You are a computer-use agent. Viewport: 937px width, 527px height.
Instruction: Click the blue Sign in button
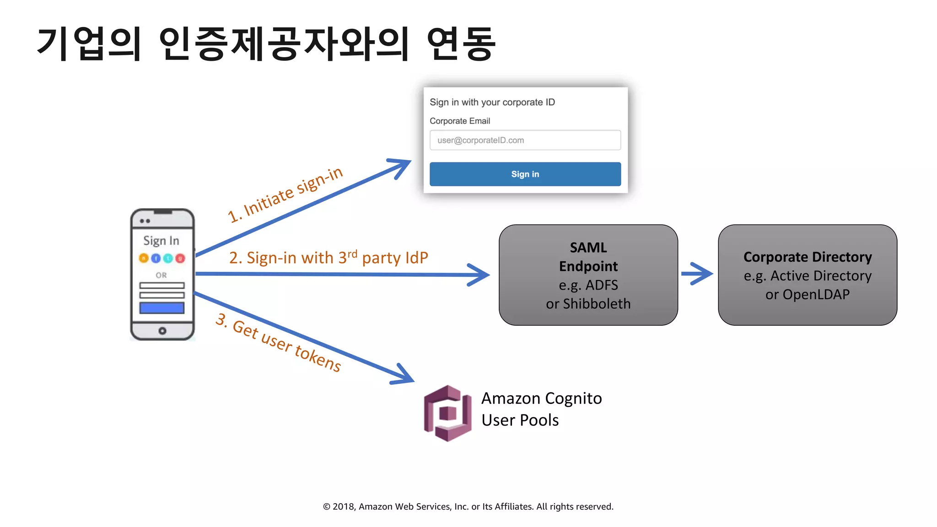click(x=525, y=174)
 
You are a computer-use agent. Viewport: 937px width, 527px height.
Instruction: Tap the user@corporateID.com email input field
click(x=525, y=140)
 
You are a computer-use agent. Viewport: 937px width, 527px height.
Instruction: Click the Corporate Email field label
click(x=459, y=121)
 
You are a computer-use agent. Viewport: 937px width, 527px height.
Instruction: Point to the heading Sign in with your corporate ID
click(x=492, y=102)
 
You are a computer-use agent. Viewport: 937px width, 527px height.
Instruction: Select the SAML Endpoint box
click(x=588, y=275)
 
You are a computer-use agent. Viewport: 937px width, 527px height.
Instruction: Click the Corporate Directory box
click(x=807, y=275)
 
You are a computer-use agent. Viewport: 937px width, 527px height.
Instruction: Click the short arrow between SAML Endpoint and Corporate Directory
click(x=696, y=274)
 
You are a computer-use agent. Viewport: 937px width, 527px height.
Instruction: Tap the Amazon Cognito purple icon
click(x=447, y=413)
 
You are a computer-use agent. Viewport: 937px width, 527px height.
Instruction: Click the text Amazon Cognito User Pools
click(x=541, y=409)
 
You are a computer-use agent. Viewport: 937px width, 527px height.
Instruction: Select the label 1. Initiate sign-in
click(x=285, y=194)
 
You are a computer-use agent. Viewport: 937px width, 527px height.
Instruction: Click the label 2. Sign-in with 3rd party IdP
click(x=328, y=258)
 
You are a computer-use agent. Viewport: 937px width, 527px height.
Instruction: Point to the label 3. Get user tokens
click(x=278, y=343)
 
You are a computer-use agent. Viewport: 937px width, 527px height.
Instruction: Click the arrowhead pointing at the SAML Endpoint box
click(x=480, y=275)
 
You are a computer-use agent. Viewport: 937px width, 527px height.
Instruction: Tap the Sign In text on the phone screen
click(x=161, y=241)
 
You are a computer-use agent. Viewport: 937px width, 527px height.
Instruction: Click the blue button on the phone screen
click(x=162, y=308)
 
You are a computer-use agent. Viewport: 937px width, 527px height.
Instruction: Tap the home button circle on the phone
click(x=162, y=331)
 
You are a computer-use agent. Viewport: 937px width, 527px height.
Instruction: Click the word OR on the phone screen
click(x=161, y=275)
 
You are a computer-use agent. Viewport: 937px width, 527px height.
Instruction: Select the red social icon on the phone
click(x=180, y=258)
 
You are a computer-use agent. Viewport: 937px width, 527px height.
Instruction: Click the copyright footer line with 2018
click(x=468, y=506)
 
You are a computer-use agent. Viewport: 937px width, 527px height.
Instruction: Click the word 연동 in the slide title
click(x=461, y=44)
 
